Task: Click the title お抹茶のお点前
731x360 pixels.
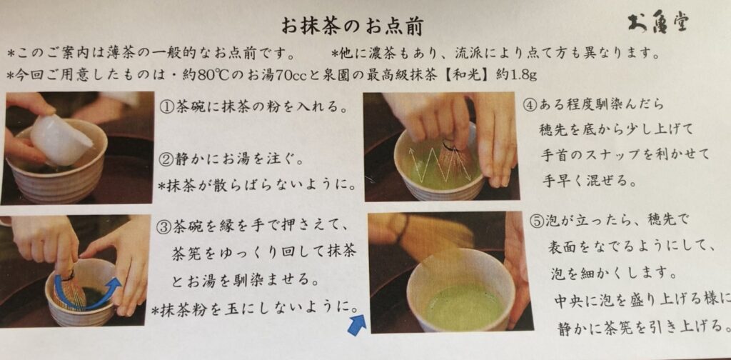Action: click(x=352, y=26)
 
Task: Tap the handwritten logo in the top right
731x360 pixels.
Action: click(x=657, y=22)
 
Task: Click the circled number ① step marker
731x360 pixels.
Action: click(x=166, y=108)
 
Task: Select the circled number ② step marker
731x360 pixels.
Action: click(x=166, y=161)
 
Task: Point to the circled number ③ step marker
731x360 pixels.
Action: click(x=166, y=227)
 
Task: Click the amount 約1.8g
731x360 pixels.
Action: click(x=519, y=74)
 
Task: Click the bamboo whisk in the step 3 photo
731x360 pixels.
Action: click(x=69, y=289)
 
